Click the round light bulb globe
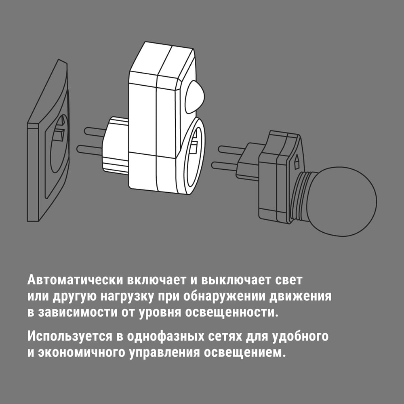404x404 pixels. click(x=342, y=201)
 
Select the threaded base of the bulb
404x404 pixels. click(x=300, y=197)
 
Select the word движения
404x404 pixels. click(x=300, y=297)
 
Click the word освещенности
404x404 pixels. click(x=232, y=313)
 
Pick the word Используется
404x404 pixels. click(x=70, y=337)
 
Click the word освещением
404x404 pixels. click(x=245, y=352)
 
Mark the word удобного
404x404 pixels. click(x=300, y=337)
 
